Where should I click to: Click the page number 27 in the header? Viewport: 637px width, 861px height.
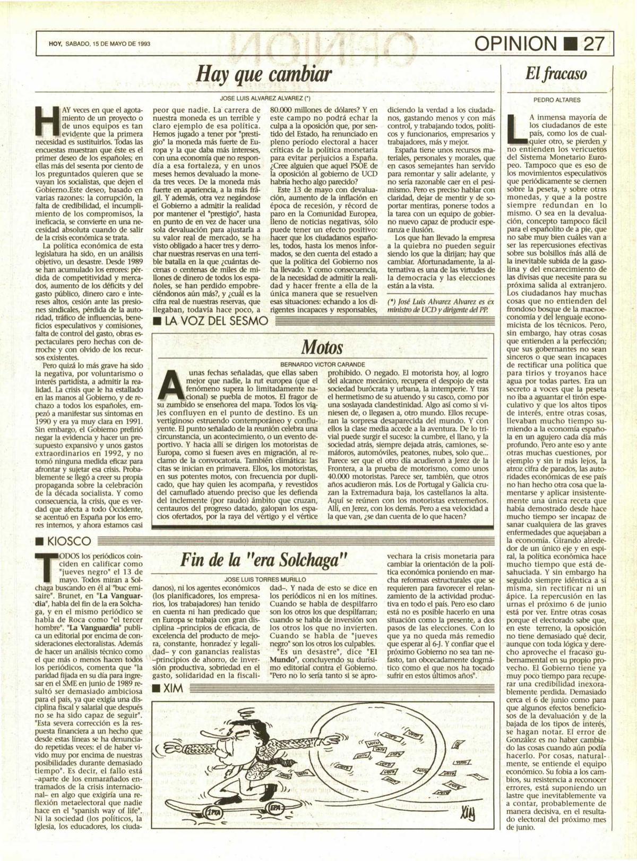click(x=593, y=44)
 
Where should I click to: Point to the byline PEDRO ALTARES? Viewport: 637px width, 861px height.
click(x=556, y=99)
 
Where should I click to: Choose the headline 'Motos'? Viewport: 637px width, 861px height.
click(x=322, y=348)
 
